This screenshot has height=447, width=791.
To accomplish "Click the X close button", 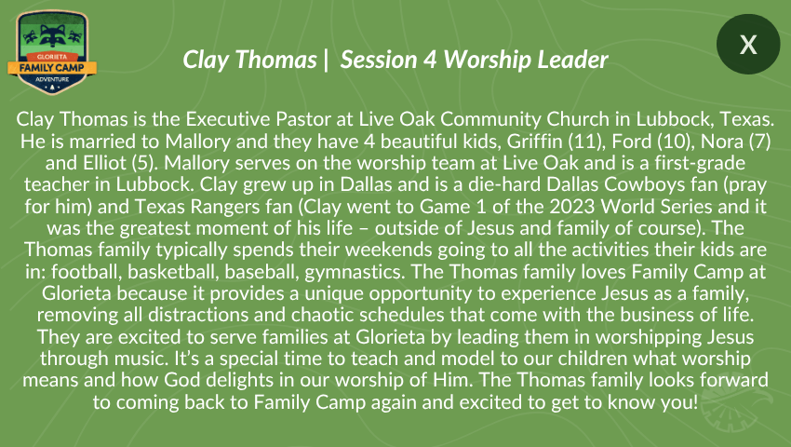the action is [x=748, y=45].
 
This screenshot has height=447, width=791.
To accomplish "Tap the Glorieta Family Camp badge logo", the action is [x=52, y=52].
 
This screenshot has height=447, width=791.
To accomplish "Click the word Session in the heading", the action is [x=379, y=60].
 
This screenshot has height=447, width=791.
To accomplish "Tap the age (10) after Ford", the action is [x=673, y=142].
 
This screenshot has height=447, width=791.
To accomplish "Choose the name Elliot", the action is [x=104, y=163].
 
